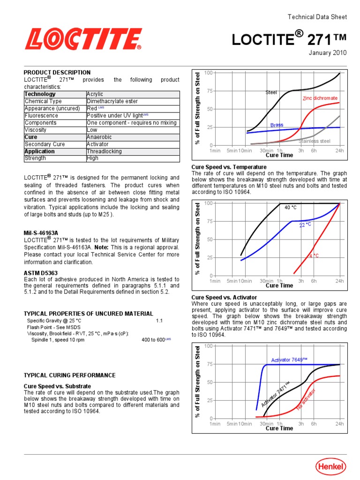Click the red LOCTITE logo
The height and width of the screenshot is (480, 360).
[x=83, y=39]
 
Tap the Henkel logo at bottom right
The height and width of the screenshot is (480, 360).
[x=330, y=466]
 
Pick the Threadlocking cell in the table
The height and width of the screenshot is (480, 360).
[x=104, y=151]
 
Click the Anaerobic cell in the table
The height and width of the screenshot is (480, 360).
[x=99, y=137]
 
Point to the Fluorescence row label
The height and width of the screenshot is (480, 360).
[x=41, y=116]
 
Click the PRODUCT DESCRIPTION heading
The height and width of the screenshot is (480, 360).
[x=57, y=73]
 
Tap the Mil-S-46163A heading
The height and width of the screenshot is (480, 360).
[x=41, y=232]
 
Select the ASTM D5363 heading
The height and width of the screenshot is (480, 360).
[x=42, y=272]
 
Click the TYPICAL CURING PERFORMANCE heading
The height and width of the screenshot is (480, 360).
[x=69, y=375]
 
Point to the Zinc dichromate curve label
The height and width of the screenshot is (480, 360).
[x=320, y=98]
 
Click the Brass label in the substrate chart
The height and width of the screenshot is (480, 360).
[x=277, y=125]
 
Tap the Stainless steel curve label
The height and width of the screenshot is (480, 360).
[x=312, y=141]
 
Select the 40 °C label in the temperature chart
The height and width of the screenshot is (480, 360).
[x=291, y=207]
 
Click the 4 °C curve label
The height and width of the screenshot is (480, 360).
[x=314, y=256]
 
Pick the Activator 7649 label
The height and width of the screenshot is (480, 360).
[x=289, y=360]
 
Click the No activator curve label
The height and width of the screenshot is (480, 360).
[x=306, y=399]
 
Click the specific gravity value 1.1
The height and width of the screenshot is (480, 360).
[x=159, y=321]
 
